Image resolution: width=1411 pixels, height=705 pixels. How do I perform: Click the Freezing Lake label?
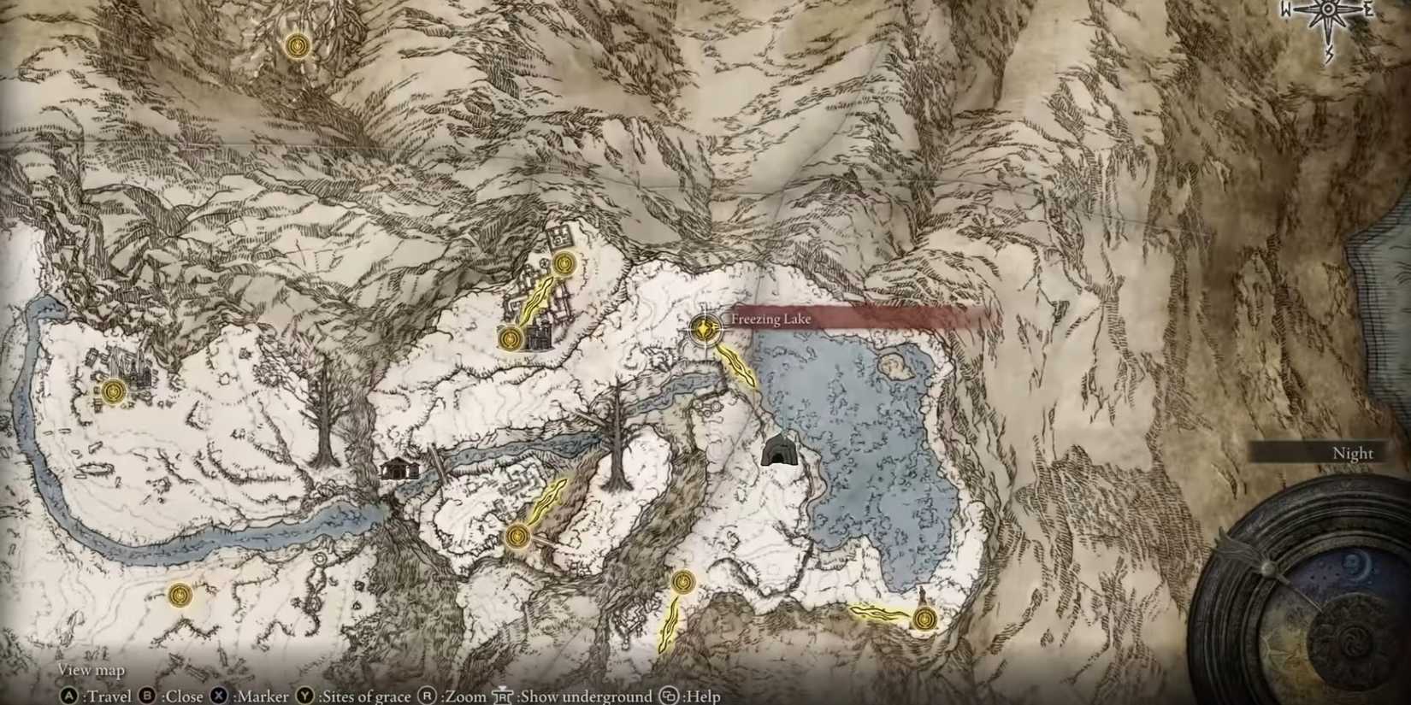(770, 320)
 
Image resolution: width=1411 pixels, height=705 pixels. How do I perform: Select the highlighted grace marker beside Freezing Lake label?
(704, 328)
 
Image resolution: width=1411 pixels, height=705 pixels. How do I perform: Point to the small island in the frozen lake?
(895, 367)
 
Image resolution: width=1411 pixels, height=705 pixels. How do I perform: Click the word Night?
(1352, 453)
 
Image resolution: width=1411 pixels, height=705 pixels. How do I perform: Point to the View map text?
(91, 670)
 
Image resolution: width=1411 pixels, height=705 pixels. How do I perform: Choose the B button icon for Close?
(147, 696)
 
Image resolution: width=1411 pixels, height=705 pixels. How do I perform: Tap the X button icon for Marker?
(219, 696)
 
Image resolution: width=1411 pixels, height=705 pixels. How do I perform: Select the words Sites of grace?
(365, 696)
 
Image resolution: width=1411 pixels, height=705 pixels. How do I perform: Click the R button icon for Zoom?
(427, 696)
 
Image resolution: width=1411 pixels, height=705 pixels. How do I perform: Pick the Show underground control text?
(586, 696)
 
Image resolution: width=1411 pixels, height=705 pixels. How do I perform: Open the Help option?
(702, 696)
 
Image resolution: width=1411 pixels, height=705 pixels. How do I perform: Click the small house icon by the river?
(399, 468)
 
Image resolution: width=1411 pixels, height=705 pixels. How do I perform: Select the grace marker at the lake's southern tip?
(923, 618)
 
